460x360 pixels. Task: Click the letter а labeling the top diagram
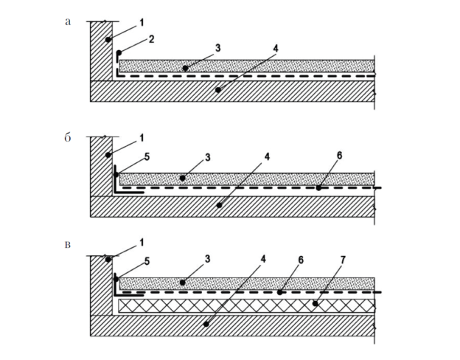(x=68, y=21)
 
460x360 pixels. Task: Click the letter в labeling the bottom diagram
(x=68, y=243)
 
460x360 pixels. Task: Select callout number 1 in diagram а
(x=142, y=23)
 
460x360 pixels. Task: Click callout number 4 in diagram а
(x=274, y=49)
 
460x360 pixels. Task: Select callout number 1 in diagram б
(x=142, y=138)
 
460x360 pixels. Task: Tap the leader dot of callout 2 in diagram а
(x=118, y=52)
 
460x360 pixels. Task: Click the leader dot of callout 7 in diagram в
(x=315, y=302)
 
